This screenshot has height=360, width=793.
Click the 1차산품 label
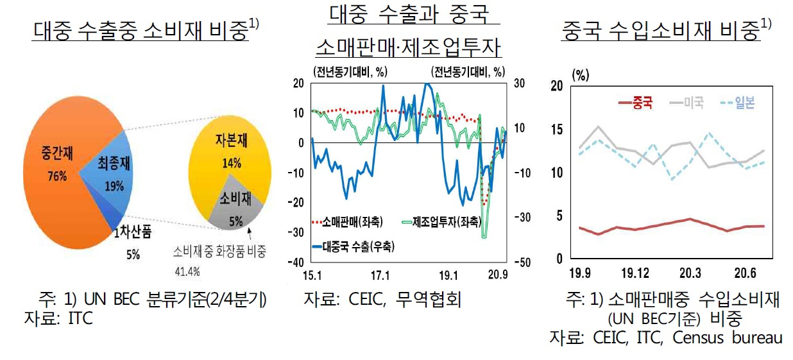132,232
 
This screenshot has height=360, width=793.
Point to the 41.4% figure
187,272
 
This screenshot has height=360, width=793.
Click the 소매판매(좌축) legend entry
348,222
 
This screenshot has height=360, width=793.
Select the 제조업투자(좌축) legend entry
441,222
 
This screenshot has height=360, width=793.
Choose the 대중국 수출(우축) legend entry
354,246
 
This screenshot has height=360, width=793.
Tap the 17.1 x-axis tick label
380,275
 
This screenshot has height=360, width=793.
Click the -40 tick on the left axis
296,262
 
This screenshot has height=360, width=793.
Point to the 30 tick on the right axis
519,83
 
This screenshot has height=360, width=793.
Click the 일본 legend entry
738,103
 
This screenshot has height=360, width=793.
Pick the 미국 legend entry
686,103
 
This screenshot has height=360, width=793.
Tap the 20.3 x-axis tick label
690,273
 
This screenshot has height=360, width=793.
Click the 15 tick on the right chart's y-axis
557,130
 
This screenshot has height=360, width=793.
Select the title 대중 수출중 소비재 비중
141,31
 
